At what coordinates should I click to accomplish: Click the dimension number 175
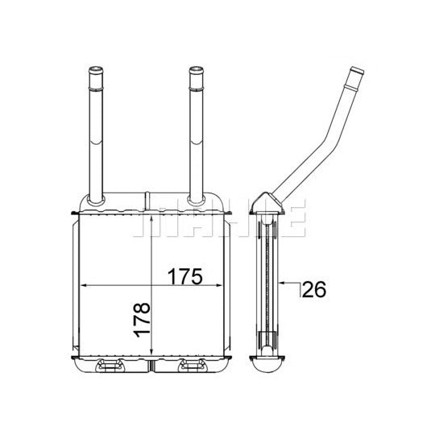click(184, 276)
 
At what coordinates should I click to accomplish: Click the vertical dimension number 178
click(142, 320)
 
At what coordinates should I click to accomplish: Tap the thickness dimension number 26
click(314, 289)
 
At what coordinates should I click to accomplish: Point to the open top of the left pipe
click(96, 69)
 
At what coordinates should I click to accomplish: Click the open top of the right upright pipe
click(196, 69)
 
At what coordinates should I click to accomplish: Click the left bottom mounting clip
click(110, 365)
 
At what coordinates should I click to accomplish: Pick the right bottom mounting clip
click(193, 365)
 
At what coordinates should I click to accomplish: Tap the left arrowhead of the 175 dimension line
click(84, 285)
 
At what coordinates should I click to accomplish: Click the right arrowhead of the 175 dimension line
click(218, 285)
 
